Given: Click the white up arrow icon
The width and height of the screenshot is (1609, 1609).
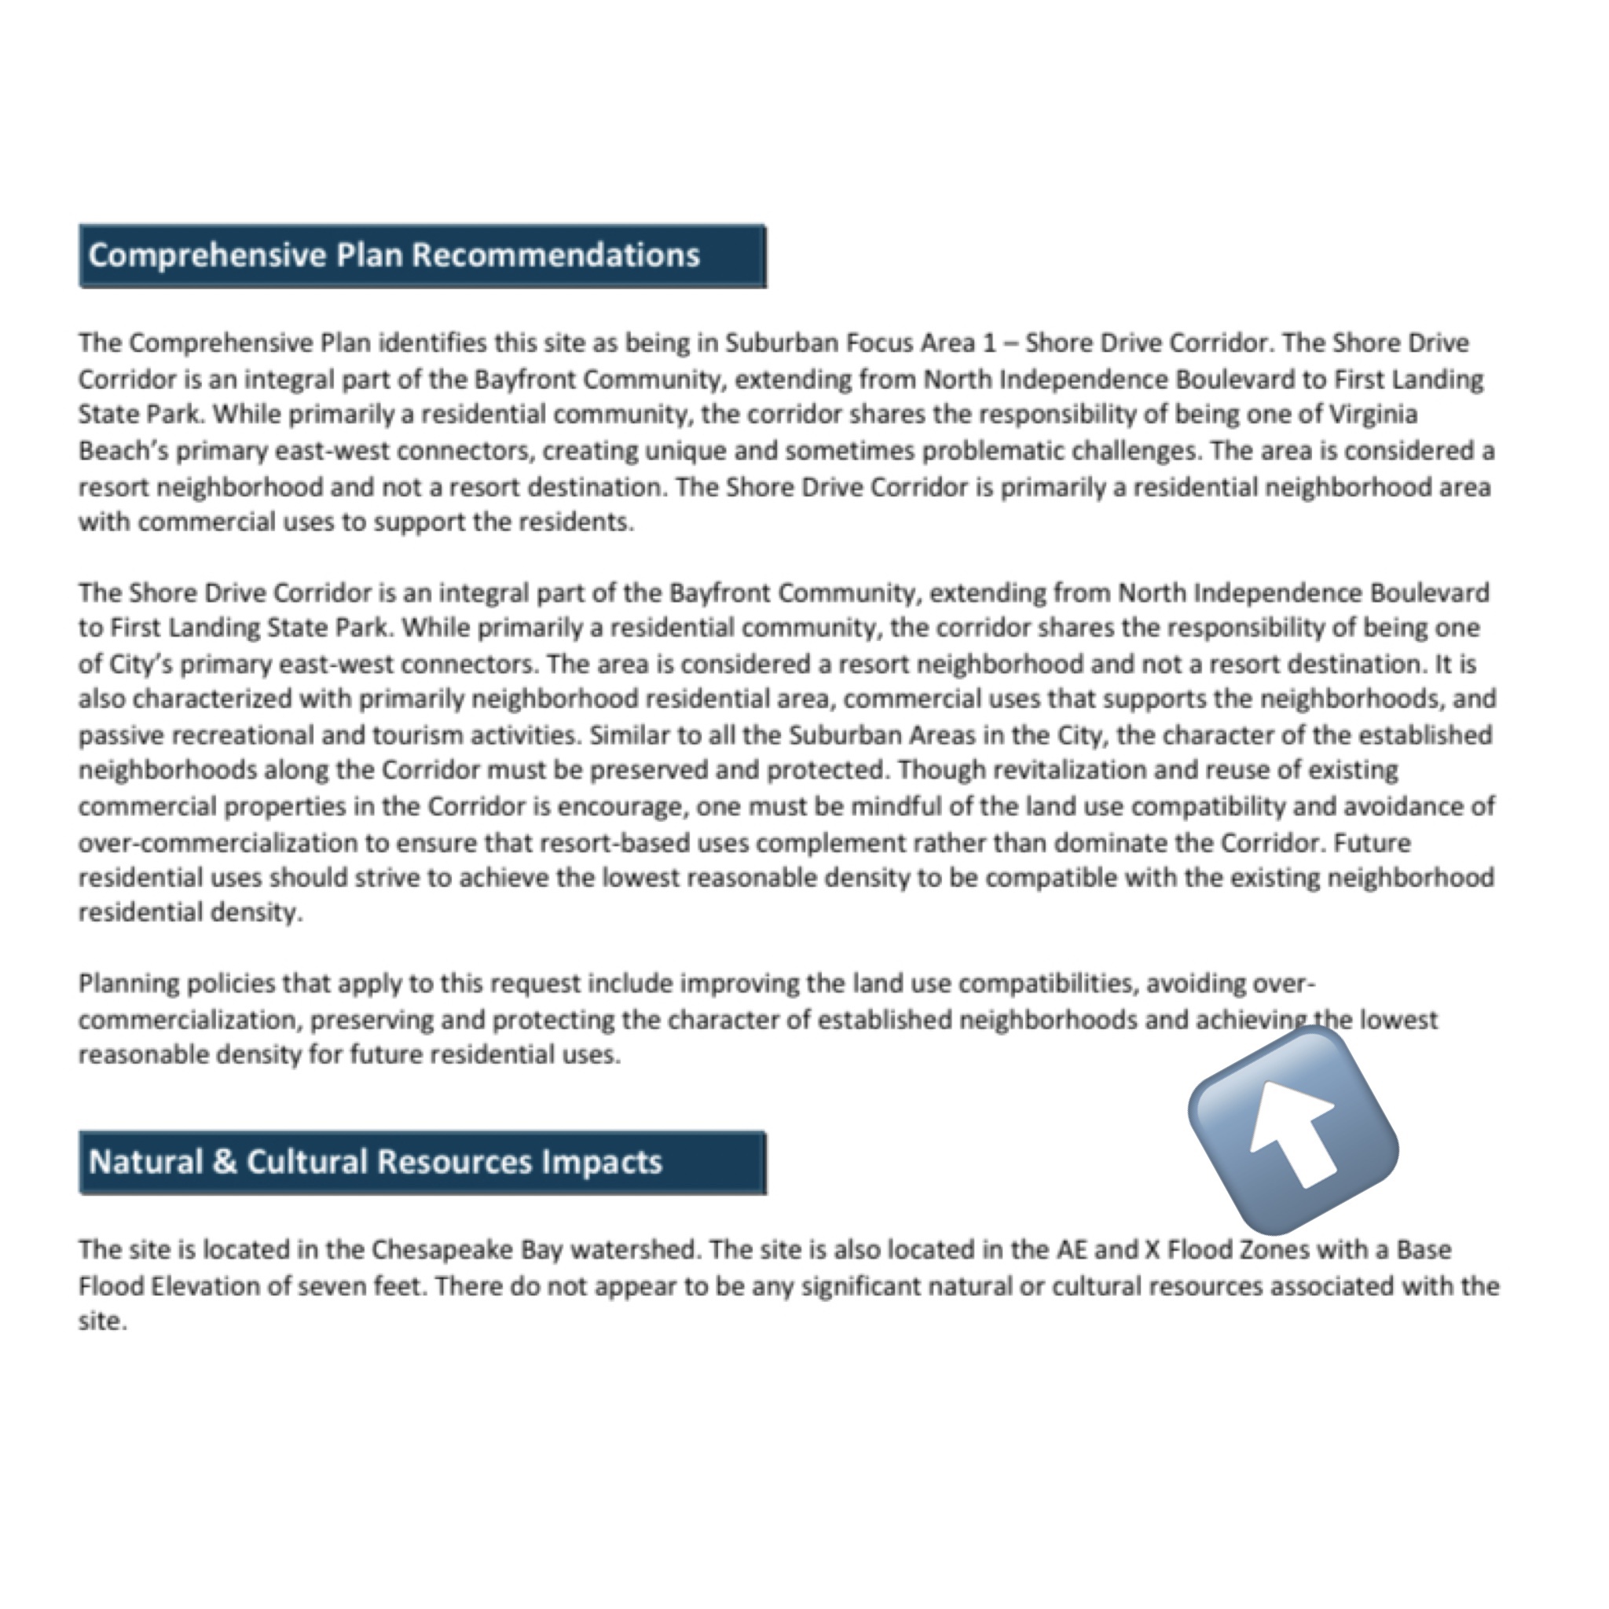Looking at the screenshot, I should click(x=1293, y=1131).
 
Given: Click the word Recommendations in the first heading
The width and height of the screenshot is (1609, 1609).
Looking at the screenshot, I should click(x=555, y=255).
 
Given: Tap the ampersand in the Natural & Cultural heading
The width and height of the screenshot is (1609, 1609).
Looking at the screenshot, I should click(x=224, y=1162).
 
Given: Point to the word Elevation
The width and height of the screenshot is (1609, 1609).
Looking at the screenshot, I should click(x=204, y=1286).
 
